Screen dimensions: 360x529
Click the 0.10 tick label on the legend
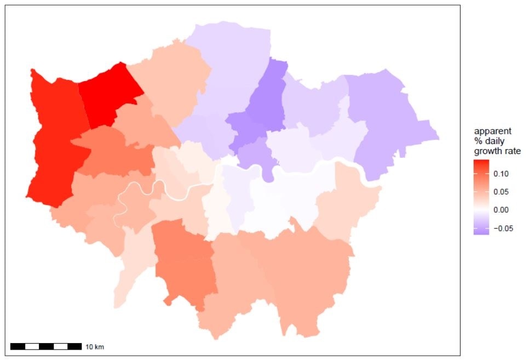tap(502, 173)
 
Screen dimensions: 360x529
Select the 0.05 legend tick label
tap(502, 192)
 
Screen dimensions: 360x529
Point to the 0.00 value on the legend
tap(502, 210)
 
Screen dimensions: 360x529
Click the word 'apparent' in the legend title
tap(493, 132)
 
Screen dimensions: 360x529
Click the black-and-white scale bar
tap(46, 347)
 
